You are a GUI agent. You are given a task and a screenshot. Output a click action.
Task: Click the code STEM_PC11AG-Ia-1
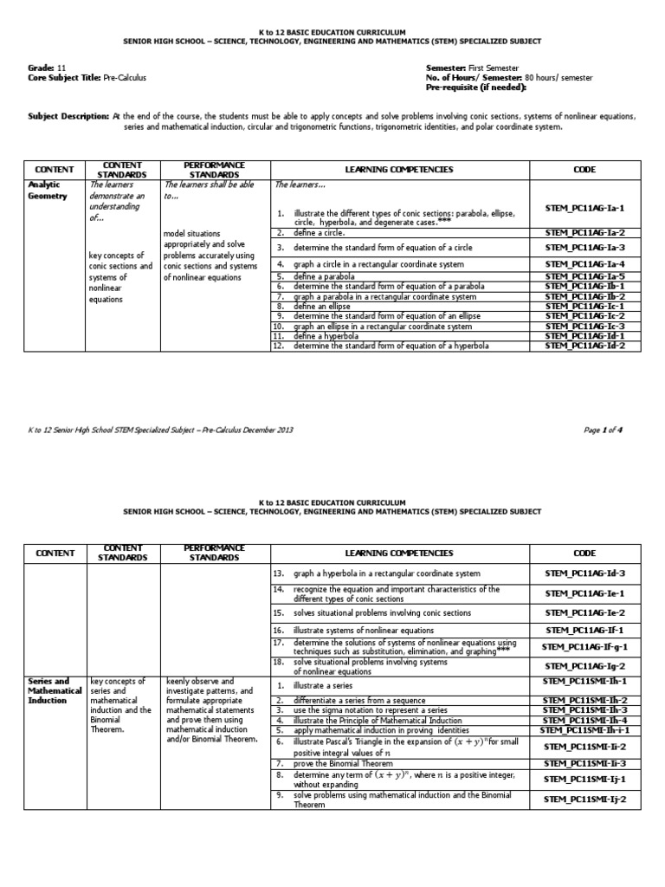coord(584,208)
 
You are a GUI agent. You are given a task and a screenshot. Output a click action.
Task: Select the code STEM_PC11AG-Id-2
coord(584,346)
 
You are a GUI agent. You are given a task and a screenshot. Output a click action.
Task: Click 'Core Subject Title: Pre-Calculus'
coord(87,78)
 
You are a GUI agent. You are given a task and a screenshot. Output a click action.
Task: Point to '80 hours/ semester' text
coord(558,78)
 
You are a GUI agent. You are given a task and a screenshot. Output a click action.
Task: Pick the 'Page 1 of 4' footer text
coord(615,428)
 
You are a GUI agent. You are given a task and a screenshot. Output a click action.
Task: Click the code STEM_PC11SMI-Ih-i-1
coord(584,730)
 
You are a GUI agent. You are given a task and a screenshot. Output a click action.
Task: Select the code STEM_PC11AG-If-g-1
coord(584,646)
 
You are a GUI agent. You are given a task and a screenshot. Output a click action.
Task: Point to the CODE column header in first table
coord(584,170)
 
